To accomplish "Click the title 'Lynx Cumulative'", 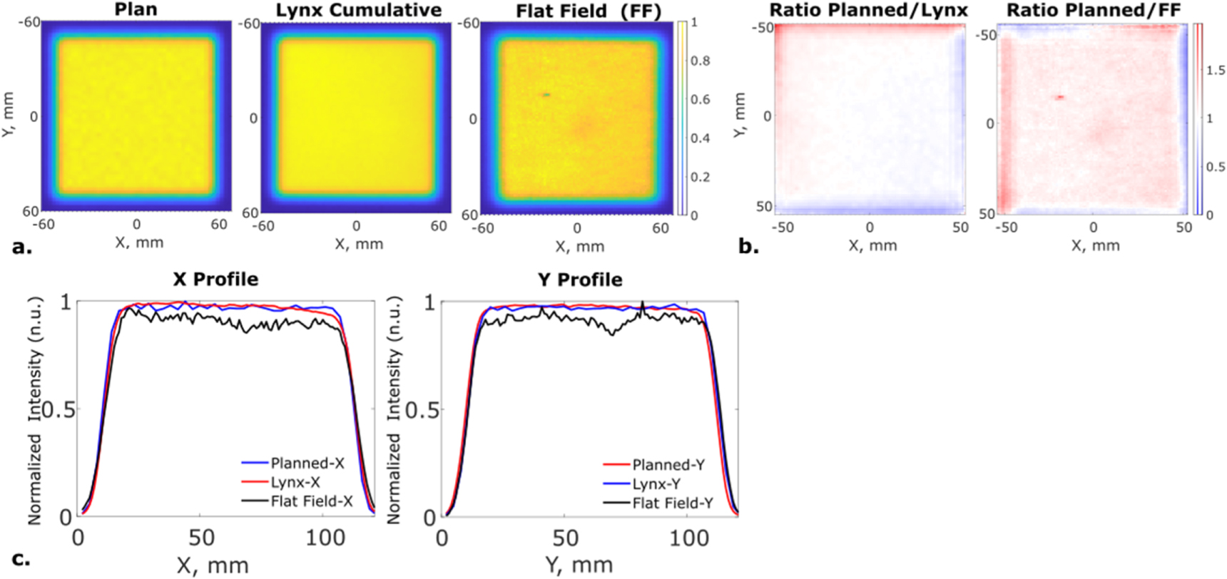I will coord(358,10).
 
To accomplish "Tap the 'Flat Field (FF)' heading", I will coord(589,11).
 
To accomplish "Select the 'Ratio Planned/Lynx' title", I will coord(868,10).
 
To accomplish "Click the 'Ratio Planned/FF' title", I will coord(1093,10).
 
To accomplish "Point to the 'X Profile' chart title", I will coord(215,279).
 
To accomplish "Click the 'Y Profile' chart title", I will coord(580,280).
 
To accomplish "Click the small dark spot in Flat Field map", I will coord(546,94).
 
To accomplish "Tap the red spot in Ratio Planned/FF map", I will coord(1061,97).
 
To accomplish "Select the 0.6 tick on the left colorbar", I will coord(700,99).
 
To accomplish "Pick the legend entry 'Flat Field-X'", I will coord(311,501).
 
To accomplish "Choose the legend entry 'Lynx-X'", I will coord(295,482).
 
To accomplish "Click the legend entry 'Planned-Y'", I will coord(668,465).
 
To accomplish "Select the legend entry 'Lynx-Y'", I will coord(656,484).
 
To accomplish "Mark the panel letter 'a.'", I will coord(22,247).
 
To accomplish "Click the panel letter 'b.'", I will coord(748,247).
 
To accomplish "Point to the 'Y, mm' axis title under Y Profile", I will coord(579,565).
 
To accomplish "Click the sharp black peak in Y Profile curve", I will coord(643,304).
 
